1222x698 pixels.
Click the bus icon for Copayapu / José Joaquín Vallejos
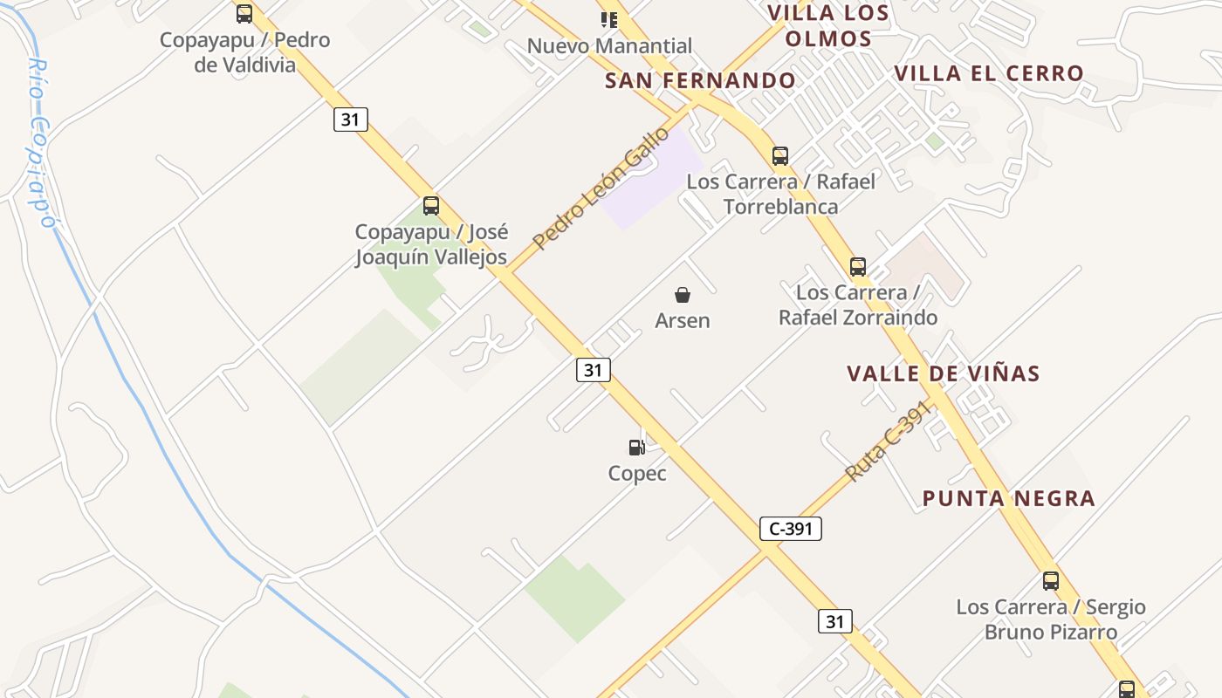(x=431, y=206)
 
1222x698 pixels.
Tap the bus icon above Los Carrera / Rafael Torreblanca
(x=780, y=156)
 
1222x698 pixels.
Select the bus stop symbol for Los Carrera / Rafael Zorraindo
(x=858, y=267)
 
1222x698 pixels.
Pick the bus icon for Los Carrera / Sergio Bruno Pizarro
(x=1051, y=581)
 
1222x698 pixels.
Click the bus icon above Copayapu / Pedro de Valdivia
(x=244, y=14)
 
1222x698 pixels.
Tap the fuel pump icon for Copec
(x=637, y=448)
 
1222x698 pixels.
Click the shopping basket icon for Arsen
(x=683, y=295)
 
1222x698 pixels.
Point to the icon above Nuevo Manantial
(x=609, y=19)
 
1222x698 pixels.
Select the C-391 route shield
(x=791, y=529)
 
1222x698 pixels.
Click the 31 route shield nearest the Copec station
(x=594, y=370)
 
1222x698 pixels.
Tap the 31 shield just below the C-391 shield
(x=835, y=621)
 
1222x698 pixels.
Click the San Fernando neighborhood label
(x=700, y=81)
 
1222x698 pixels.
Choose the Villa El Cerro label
(x=989, y=73)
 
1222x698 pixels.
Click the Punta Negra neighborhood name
(x=1009, y=499)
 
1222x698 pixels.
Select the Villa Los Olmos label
(x=828, y=26)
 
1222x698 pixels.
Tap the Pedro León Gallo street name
(x=601, y=188)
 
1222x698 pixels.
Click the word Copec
(x=637, y=474)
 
